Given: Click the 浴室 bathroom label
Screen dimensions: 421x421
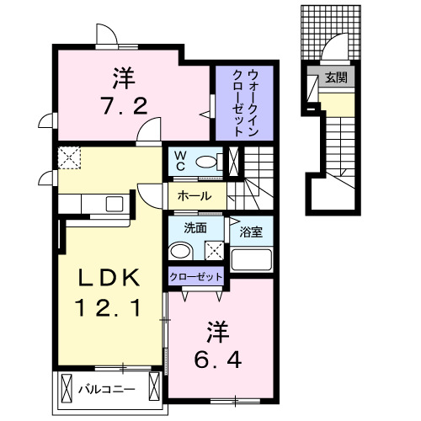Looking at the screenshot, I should click(x=250, y=228).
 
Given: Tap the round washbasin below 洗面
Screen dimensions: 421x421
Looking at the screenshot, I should click(x=179, y=252).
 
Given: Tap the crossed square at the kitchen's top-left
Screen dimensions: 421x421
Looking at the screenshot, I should click(x=67, y=157).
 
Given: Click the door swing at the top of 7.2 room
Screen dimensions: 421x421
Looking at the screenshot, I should click(x=108, y=35).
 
